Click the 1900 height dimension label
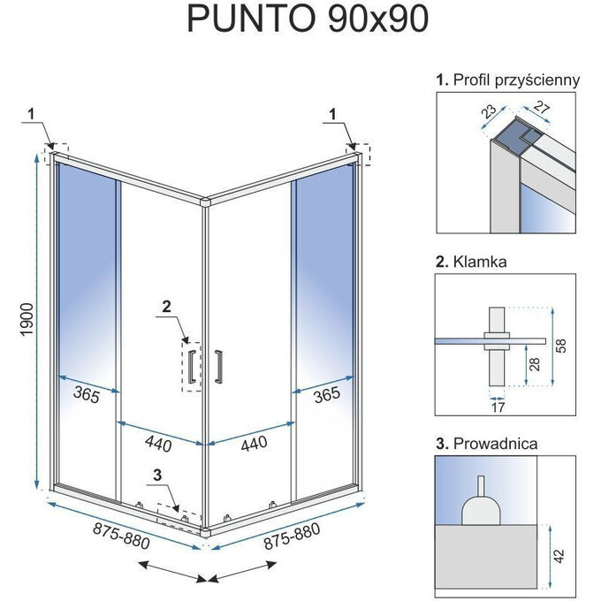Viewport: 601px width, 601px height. tap(27, 323)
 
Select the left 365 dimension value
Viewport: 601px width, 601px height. tap(86, 395)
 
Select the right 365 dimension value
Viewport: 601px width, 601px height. tap(326, 395)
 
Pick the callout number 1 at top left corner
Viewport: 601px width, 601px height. tap(32, 112)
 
